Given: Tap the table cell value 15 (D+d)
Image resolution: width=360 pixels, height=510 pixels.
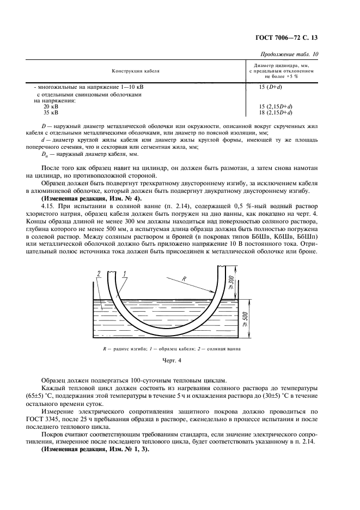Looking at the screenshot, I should (270, 87).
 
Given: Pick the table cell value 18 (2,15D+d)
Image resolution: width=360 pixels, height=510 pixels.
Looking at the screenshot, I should (277, 112).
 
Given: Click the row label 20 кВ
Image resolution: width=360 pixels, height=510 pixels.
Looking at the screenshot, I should (51, 106).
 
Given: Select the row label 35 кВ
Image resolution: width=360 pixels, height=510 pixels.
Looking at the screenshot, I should (51, 112).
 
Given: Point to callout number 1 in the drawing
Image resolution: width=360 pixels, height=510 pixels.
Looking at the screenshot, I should (125, 274).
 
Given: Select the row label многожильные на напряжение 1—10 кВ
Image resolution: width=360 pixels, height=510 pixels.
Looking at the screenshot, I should (89, 87).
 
